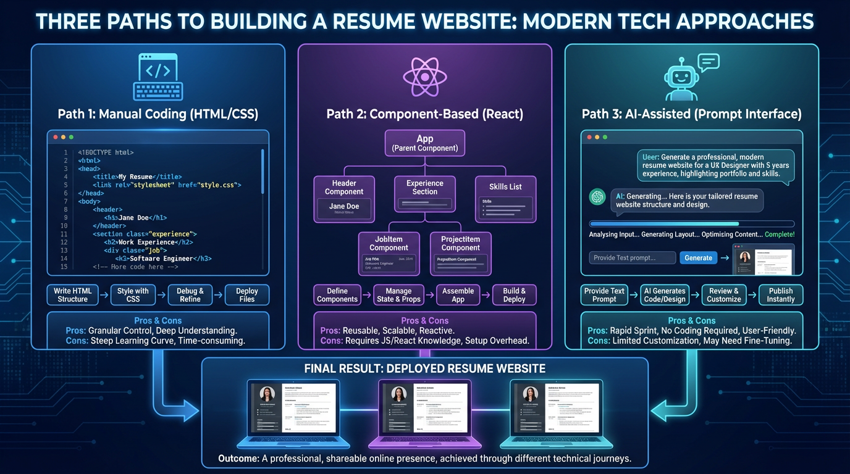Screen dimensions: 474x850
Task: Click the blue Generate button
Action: (698, 258)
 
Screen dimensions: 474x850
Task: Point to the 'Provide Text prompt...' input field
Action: (632, 258)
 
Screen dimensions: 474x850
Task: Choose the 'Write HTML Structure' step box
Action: (73, 295)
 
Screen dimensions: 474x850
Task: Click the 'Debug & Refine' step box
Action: (190, 295)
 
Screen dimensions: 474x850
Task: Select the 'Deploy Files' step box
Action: (246, 295)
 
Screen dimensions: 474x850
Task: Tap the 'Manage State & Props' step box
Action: (398, 295)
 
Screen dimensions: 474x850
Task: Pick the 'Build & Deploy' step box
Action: (514, 295)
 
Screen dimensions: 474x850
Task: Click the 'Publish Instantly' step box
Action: (781, 295)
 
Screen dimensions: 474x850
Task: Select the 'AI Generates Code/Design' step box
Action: (665, 295)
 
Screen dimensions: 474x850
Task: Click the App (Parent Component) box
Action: (425, 143)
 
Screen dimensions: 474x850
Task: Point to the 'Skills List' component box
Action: (506, 199)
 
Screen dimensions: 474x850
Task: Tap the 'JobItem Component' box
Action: (389, 253)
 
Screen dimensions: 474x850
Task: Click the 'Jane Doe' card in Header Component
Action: (344, 209)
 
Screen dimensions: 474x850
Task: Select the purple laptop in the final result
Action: (425, 410)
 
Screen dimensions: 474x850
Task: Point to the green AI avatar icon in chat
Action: (597, 196)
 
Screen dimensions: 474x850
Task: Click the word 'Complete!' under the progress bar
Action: (780, 235)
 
